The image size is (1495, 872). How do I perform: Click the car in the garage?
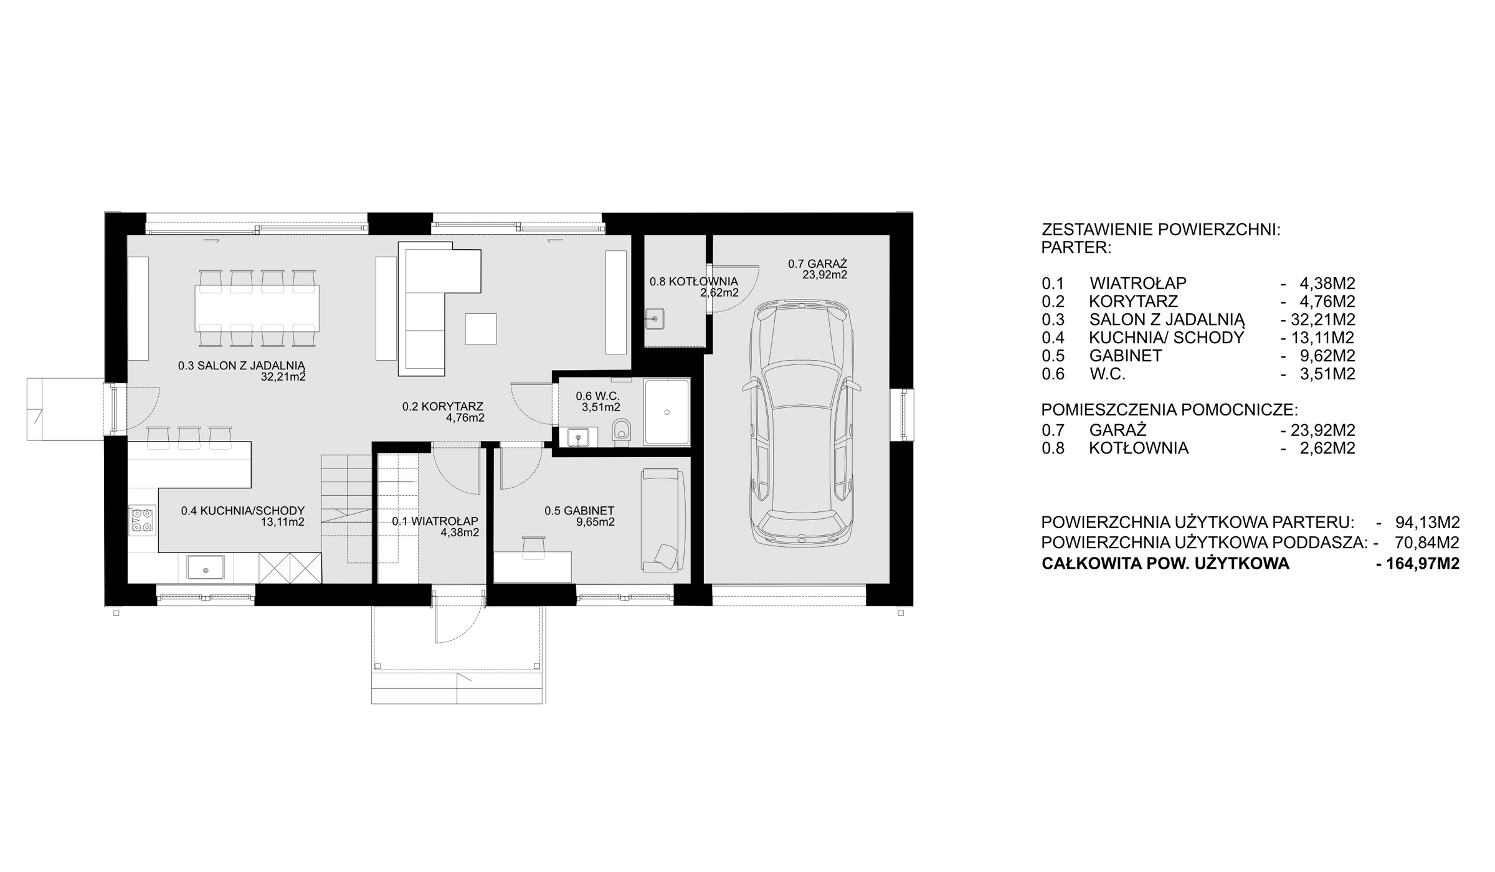point(802,425)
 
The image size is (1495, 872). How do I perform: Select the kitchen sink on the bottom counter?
point(206,567)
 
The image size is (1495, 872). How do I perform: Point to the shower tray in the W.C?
point(667,412)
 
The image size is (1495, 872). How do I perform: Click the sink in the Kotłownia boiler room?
point(655,319)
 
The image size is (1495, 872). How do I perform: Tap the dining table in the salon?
point(257,308)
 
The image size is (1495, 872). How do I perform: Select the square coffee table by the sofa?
point(481,329)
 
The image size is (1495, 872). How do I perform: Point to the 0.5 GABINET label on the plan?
point(579,511)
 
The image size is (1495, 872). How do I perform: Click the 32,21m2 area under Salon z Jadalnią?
point(283,377)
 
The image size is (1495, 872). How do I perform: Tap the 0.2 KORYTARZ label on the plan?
point(443,407)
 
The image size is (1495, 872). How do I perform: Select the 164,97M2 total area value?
point(1418,564)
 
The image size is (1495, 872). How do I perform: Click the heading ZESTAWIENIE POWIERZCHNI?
point(1161,230)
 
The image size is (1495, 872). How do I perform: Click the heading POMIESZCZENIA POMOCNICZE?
point(1170,410)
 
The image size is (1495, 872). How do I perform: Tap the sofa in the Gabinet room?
point(663,521)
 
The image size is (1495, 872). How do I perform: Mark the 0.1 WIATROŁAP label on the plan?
point(435,521)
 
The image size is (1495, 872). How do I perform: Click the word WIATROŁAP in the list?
point(1138,283)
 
